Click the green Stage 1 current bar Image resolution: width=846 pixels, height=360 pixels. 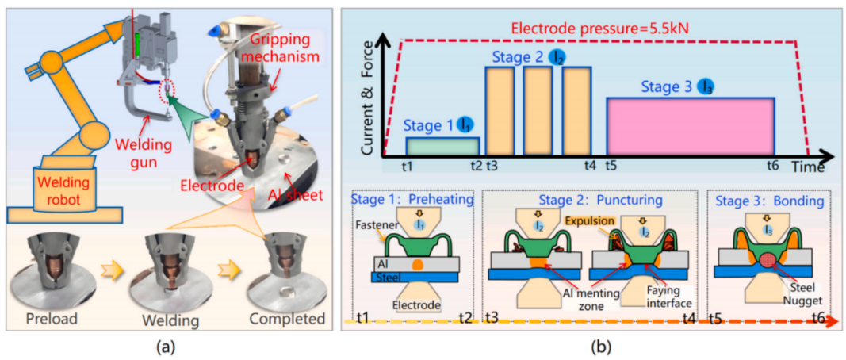[x=442, y=146]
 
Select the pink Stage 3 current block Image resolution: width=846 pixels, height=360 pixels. [x=689, y=126]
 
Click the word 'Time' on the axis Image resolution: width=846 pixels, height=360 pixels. [x=809, y=167]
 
